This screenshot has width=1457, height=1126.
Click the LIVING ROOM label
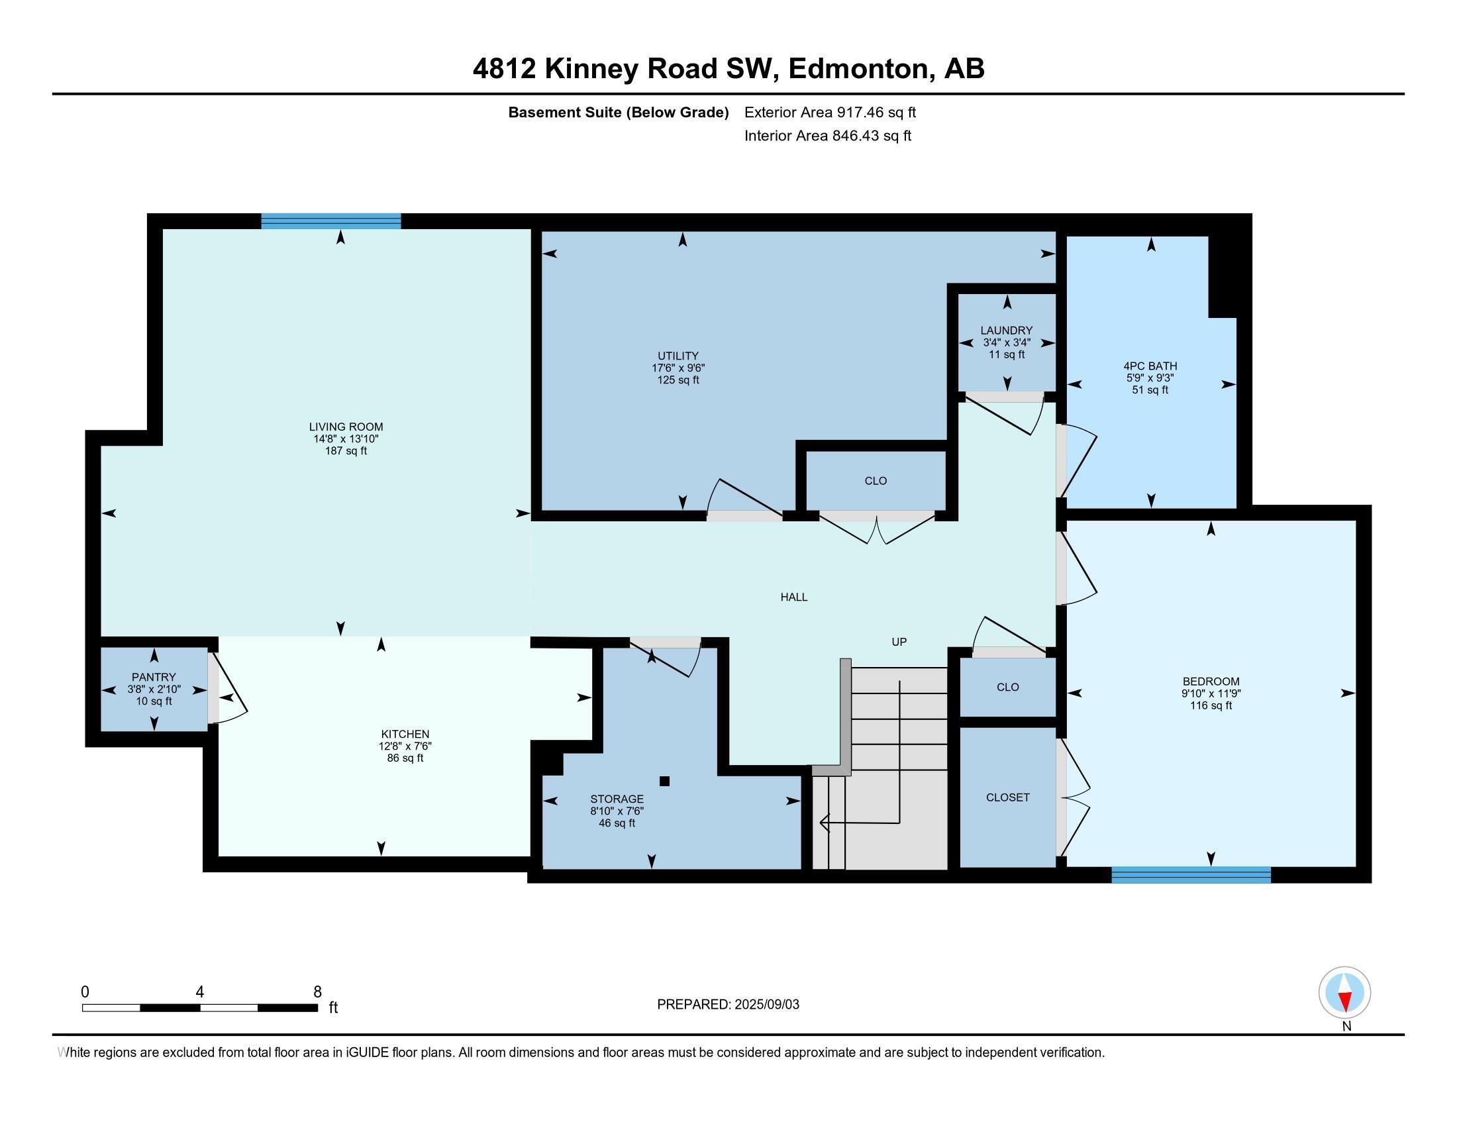tap(346, 427)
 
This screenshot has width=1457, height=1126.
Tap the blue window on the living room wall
tap(331, 221)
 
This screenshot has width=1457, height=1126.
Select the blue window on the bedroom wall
tap(1191, 874)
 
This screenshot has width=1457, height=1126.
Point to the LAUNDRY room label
tap(1006, 331)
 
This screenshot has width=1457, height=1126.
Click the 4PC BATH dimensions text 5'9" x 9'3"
tap(1150, 378)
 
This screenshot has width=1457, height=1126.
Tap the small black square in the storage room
tap(664, 781)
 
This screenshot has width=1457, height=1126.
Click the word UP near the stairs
tap(899, 642)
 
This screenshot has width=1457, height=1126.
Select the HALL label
tap(794, 597)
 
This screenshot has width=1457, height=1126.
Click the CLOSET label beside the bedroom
tap(1007, 797)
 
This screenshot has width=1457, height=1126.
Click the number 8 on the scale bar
tap(317, 992)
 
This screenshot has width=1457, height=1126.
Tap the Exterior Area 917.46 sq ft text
tap(830, 112)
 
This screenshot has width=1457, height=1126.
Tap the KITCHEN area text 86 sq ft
tap(405, 758)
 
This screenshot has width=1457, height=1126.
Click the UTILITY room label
tap(678, 356)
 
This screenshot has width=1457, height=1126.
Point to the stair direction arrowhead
tap(824, 823)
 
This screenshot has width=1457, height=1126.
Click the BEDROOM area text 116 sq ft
tap(1210, 705)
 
